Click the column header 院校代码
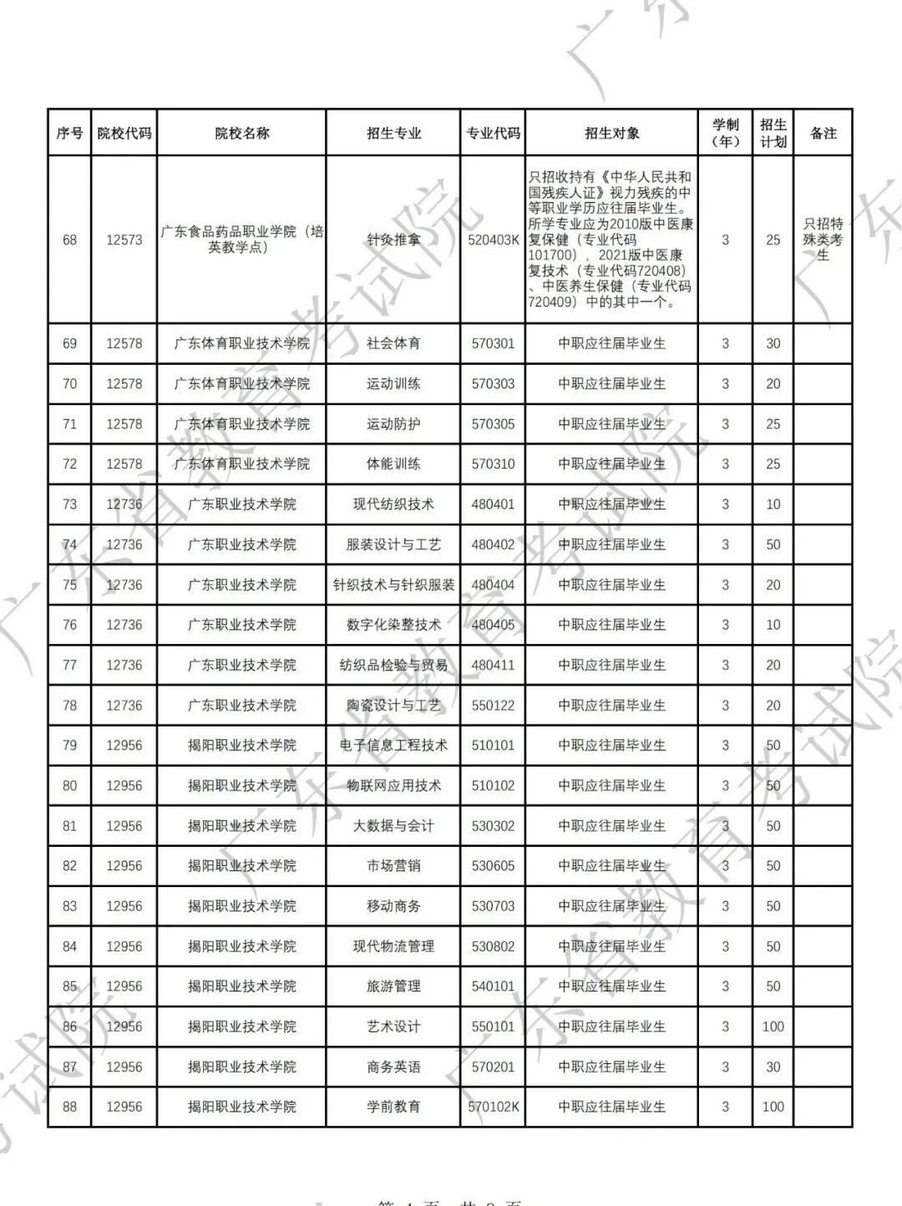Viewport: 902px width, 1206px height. [x=124, y=133]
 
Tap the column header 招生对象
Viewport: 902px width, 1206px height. [x=611, y=133]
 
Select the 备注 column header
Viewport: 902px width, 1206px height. [x=823, y=133]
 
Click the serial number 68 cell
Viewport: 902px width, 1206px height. [x=69, y=240]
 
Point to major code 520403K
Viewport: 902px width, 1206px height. [x=493, y=240]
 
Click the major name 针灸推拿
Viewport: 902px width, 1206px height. [x=393, y=240]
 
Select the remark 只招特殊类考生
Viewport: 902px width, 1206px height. [x=823, y=240]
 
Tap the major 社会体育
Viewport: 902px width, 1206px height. [x=393, y=343]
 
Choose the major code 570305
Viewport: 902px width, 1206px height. [x=493, y=424]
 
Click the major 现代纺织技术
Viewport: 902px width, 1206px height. [x=393, y=504]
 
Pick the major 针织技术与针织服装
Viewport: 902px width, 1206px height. [x=393, y=585]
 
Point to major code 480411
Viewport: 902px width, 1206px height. [x=493, y=665]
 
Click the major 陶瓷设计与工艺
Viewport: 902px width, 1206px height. [x=393, y=706]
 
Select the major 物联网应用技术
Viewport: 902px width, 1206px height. [x=393, y=786]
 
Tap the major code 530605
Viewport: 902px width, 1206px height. [x=493, y=866]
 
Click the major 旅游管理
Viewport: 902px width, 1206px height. [x=393, y=986]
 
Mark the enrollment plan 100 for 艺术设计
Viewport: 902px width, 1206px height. [x=773, y=1026]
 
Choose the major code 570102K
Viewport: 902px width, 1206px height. [x=493, y=1107]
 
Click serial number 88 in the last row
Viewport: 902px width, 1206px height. [x=69, y=1107]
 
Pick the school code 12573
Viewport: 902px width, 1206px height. [x=124, y=240]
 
